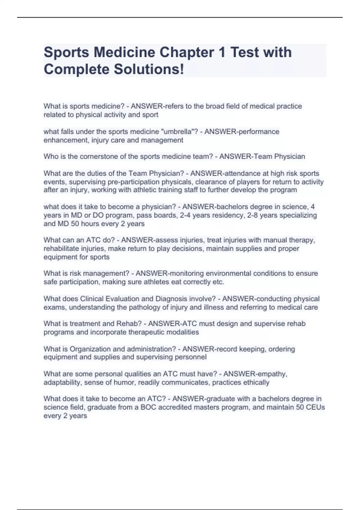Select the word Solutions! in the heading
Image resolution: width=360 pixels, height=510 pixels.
149,69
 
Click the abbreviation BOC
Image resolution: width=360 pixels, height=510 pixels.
149,407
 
